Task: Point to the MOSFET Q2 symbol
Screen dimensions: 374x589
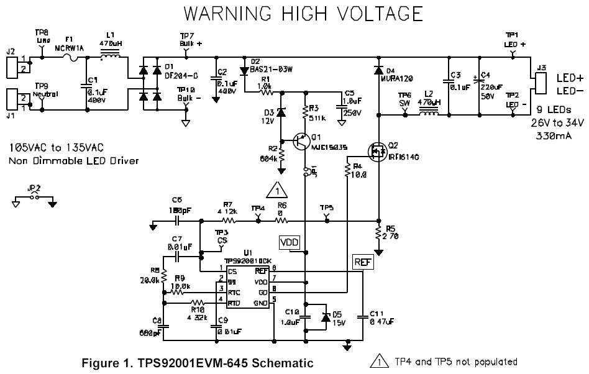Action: tap(375, 151)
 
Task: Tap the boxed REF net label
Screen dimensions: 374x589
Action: tap(362, 263)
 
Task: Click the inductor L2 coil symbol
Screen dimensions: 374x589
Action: tap(428, 113)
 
